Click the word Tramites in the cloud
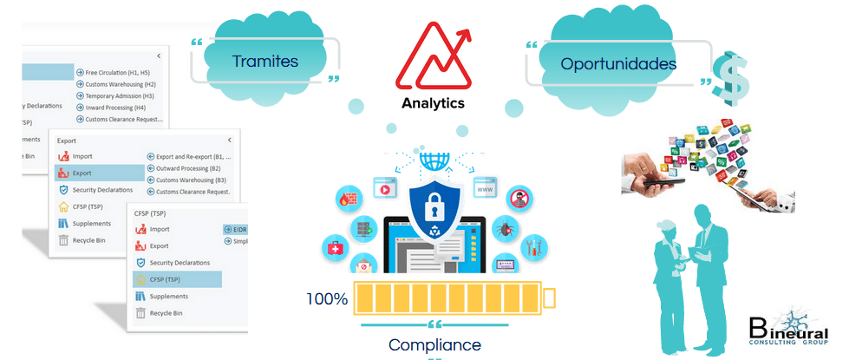[265, 62]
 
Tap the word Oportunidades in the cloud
[618, 63]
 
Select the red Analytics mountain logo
[433, 56]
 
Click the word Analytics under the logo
[433, 103]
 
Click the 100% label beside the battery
[327, 300]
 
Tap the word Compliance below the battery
[434, 344]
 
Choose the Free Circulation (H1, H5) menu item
[121, 72]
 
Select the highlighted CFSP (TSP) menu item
[165, 279]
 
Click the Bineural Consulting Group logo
[790, 331]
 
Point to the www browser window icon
[484, 188]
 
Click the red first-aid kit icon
[335, 250]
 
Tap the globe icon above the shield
[431, 160]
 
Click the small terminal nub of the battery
[549, 299]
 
